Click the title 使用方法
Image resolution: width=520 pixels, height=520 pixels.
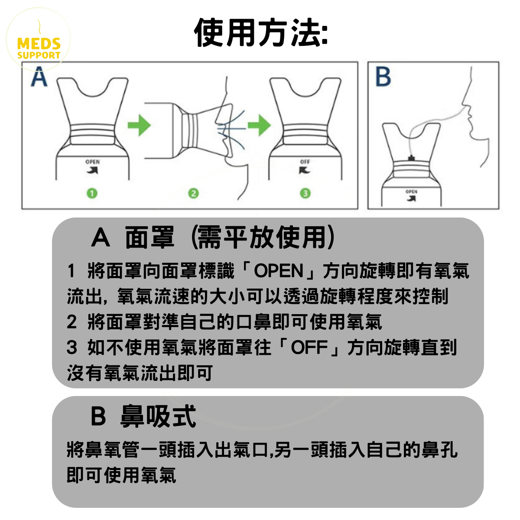coord(260,32)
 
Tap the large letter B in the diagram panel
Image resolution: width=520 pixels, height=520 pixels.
coord(383,77)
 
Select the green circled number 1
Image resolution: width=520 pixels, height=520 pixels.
coord(92,193)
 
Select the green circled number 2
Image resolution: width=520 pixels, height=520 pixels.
coord(194,193)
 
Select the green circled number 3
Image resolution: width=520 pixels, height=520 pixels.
coord(305,193)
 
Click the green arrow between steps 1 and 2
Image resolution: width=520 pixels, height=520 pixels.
coord(139,125)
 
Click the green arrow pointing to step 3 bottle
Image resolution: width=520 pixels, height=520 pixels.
coord(259,125)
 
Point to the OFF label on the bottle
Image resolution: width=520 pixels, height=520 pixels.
coord(305,162)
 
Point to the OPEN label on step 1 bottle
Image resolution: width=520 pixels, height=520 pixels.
coord(92,162)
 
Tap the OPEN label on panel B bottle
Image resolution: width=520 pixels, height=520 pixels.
coord(411,191)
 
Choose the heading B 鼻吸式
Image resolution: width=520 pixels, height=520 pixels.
coord(143,416)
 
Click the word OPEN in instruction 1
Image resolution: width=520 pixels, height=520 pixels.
coord(279,271)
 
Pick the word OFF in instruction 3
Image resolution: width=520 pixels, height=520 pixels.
coord(309,348)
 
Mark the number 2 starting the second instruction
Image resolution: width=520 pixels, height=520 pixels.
coord(72,322)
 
